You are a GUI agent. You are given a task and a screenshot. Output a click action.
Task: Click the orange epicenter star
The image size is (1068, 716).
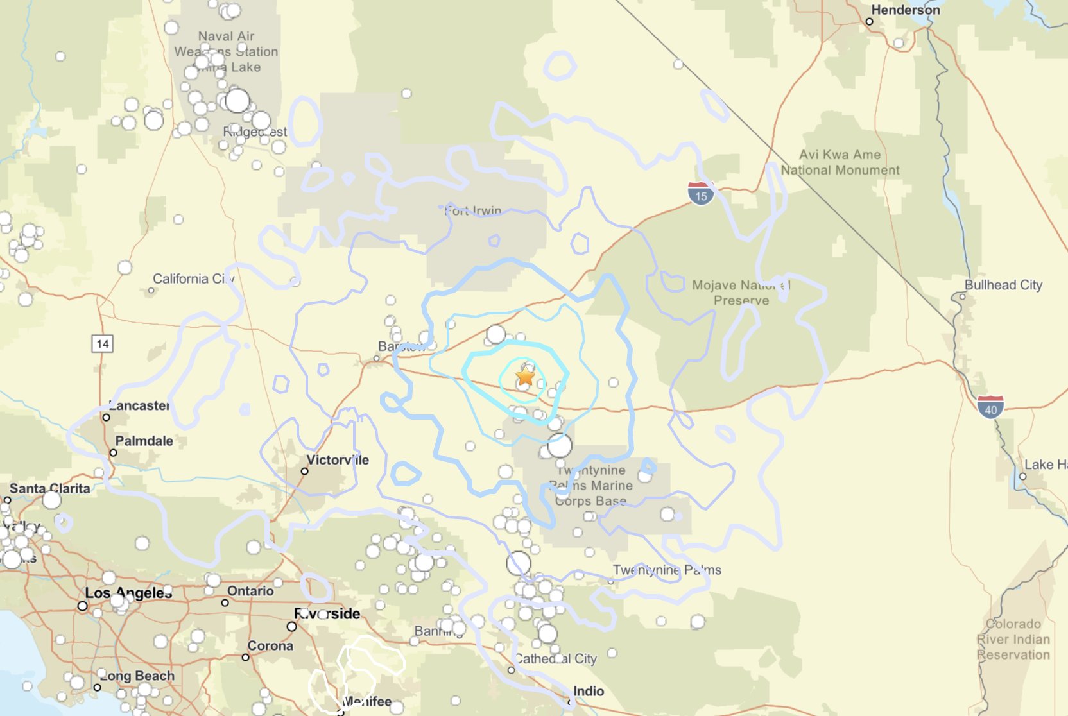525,377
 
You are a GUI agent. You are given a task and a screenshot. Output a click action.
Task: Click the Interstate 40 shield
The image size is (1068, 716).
990,407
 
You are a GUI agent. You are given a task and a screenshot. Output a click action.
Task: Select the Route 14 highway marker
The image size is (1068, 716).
103,344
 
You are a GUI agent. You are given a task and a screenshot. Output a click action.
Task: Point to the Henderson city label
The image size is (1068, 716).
905,10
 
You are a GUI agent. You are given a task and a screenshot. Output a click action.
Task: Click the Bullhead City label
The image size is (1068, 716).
1003,285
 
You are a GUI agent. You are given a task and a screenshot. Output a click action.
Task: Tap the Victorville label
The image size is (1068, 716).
338,460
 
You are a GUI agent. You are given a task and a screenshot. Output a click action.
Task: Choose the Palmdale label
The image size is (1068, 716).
144,441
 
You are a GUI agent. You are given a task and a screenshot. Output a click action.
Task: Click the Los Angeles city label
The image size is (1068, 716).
128,593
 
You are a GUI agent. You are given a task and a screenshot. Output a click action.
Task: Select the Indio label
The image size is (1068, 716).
589,691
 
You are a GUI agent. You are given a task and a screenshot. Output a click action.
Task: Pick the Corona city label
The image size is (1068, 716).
270,645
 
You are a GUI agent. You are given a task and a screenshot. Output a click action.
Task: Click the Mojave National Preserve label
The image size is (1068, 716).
741,293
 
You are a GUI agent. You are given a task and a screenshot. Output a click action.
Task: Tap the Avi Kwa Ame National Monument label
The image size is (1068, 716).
840,162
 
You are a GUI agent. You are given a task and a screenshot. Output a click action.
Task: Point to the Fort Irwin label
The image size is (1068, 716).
473,210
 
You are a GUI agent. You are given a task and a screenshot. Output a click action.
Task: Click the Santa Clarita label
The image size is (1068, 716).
49,488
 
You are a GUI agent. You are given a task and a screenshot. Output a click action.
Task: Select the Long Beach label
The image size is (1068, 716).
137,676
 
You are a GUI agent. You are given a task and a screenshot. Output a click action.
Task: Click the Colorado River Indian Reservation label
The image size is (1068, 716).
1013,639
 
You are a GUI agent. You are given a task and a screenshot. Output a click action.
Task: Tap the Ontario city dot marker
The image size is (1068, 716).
225,603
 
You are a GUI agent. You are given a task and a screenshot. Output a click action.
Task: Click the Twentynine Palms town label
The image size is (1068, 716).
667,570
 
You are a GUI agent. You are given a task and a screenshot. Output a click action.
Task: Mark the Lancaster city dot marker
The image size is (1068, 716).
107,418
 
